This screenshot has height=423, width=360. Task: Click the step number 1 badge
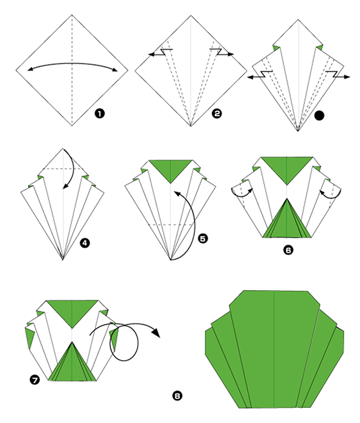[100, 114]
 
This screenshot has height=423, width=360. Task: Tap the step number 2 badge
[216, 114]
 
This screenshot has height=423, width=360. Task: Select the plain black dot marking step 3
[320, 115]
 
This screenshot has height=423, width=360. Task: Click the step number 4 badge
[85, 243]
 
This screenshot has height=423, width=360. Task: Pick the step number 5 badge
[203, 239]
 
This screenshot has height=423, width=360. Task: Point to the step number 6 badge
[288, 250]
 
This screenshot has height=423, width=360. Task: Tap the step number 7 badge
[35, 380]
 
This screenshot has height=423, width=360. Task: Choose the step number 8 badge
[177, 396]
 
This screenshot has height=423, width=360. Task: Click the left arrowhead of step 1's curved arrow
[30, 69]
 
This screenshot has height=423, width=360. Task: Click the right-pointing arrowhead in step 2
[231, 54]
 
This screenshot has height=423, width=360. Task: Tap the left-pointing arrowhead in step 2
[152, 54]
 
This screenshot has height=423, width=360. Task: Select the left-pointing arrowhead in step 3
[251, 77]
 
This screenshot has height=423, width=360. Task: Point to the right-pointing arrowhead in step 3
[347, 77]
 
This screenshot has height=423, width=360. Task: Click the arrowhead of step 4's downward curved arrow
[65, 186]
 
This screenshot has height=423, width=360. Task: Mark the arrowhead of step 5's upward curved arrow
[177, 193]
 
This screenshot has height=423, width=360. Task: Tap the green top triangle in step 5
[170, 170]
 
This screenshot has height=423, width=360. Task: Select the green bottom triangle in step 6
[287, 221]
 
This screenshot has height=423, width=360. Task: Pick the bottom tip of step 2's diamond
[191, 126]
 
